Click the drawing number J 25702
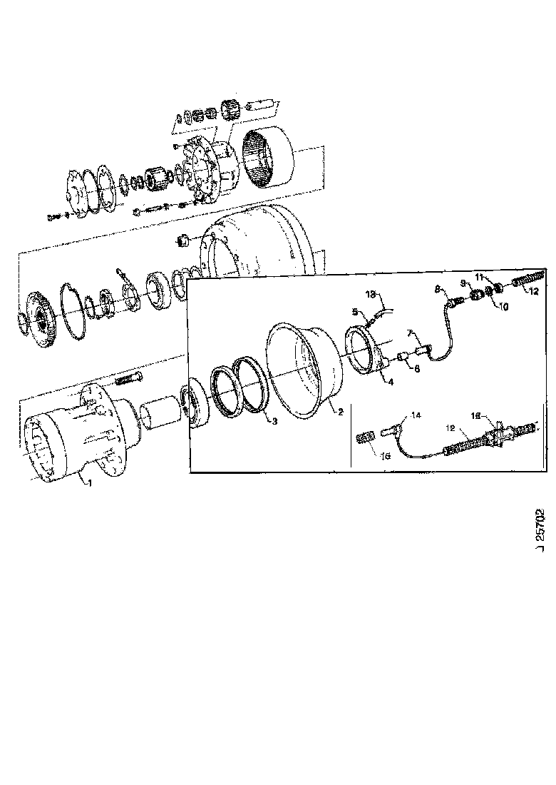pos(539,528)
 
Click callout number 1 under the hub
pos(90,485)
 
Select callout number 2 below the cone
pos(341,412)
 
